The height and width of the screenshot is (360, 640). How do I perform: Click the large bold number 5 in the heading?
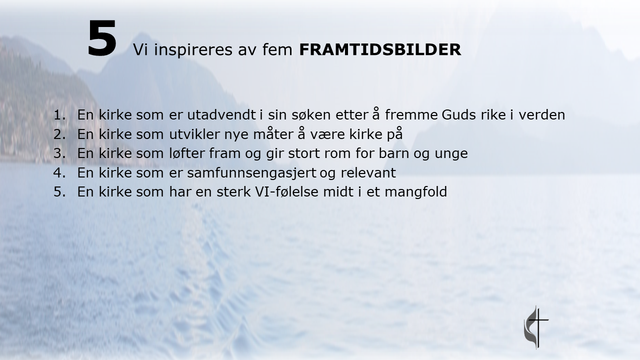[102, 38]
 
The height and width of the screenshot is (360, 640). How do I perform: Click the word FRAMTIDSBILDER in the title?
[380, 49]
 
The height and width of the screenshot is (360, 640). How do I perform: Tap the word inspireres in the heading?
[193, 50]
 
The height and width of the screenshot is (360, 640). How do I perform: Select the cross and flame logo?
[536, 327]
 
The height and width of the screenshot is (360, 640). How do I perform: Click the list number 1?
[59, 115]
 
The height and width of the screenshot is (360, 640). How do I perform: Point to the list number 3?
[59, 153]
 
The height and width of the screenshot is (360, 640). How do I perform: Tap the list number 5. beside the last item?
[59, 191]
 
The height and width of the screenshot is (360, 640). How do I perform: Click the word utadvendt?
[221, 114]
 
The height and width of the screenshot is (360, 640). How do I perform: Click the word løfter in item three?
[187, 153]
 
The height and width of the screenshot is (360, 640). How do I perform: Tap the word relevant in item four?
[368, 172]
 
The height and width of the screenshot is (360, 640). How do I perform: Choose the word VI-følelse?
[286, 191]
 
